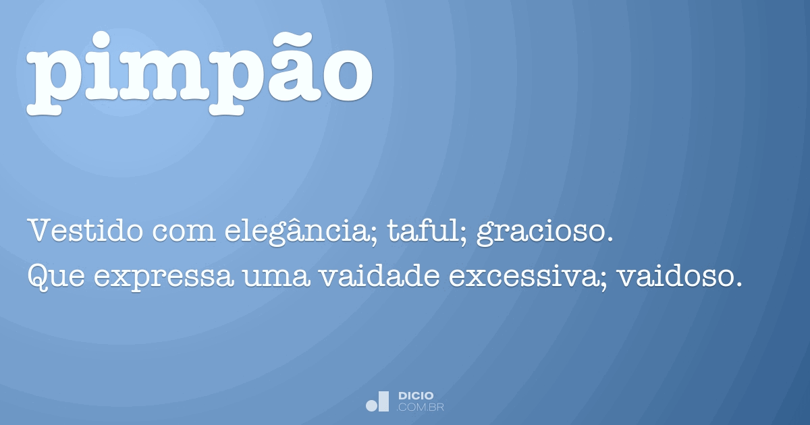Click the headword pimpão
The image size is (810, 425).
point(200,74)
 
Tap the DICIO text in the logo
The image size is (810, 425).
point(416,395)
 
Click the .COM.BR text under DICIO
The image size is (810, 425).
point(421,407)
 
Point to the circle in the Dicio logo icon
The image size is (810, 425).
point(372,405)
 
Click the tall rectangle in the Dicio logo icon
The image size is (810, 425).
point(384,401)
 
